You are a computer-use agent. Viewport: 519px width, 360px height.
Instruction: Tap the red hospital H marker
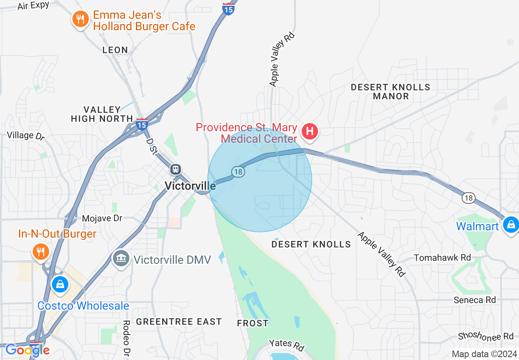coord(310,131)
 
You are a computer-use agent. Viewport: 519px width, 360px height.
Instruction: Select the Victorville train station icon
coord(176,169)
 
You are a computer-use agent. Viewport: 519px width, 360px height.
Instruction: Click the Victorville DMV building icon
coord(121,259)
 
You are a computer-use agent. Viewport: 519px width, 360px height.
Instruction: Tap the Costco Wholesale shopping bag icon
coord(60,283)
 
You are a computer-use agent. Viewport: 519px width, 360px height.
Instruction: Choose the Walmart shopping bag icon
coord(511,224)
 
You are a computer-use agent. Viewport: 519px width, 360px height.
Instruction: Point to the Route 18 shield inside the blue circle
coord(238,172)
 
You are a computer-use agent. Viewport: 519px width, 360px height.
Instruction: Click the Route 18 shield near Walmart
coord(469,198)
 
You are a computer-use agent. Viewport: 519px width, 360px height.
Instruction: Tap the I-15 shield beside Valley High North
coord(142,124)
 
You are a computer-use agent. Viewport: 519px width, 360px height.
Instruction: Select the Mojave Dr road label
coord(102,218)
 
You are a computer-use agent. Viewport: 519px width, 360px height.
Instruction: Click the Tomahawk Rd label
coord(442,258)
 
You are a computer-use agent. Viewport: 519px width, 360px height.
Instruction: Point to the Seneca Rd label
coord(475,300)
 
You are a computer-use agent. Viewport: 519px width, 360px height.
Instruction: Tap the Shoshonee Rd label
coord(485,336)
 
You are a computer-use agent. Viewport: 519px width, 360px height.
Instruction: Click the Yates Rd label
coord(287,344)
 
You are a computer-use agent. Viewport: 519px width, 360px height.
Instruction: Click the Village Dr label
coord(26,135)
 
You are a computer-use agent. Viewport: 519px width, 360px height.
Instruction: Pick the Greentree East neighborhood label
coord(179,322)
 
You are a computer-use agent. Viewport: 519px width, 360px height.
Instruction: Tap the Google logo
coord(27,350)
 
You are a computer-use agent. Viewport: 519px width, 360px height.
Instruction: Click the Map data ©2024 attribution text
coord(483,354)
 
